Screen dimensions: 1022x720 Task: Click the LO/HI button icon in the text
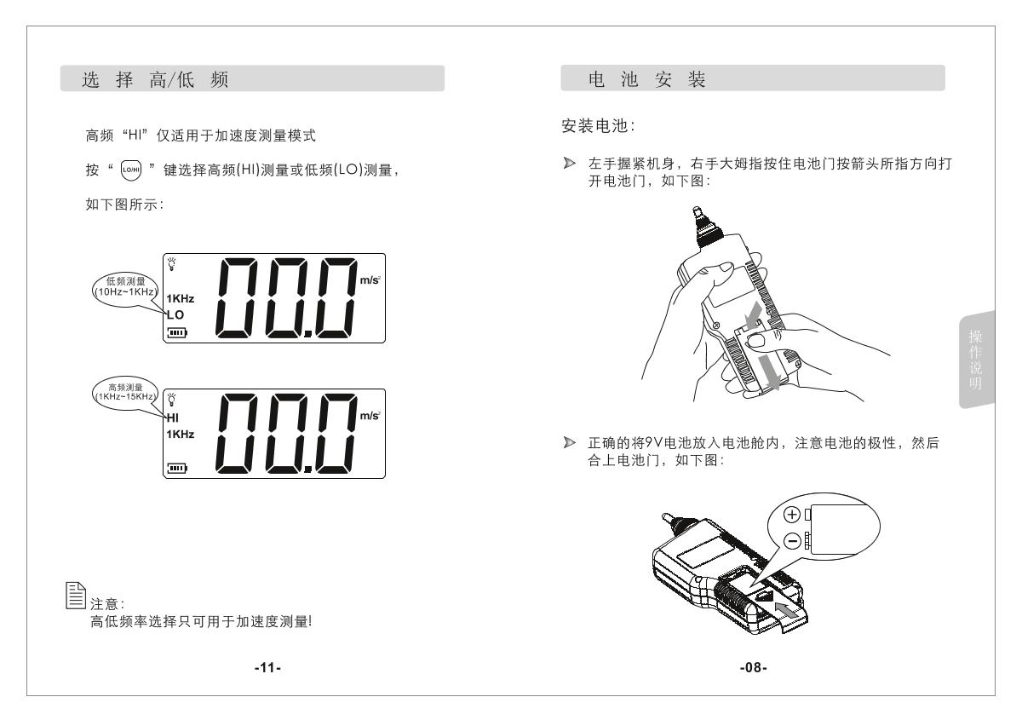tap(131, 170)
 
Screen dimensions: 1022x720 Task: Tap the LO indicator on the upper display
tap(175, 315)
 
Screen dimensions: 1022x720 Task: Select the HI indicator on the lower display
tap(172, 418)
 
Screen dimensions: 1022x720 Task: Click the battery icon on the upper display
tap(177, 332)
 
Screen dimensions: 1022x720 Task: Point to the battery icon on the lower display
tap(177, 468)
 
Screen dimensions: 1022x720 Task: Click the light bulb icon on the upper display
tap(172, 264)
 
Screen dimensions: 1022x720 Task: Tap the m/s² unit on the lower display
tap(370, 416)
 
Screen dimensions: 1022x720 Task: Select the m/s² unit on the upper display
tap(370, 279)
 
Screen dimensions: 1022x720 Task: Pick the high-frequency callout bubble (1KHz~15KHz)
tap(125, 393)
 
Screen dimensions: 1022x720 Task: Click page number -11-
tap(267, 668)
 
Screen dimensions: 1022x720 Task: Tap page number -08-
tap(753, 667)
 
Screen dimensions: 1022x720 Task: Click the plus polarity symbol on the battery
tap(792, 515)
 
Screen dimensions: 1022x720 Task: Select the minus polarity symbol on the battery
tap(792, 541)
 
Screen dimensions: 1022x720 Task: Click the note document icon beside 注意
tap(75, 596)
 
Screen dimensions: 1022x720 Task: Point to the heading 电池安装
tap(647, 79)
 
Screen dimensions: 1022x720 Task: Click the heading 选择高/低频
tap(155, 79)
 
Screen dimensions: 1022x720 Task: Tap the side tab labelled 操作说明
tap(976, 360)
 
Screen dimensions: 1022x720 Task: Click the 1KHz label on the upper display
tap(181, 298)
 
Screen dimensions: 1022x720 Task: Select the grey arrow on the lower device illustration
tap(787, 609)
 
